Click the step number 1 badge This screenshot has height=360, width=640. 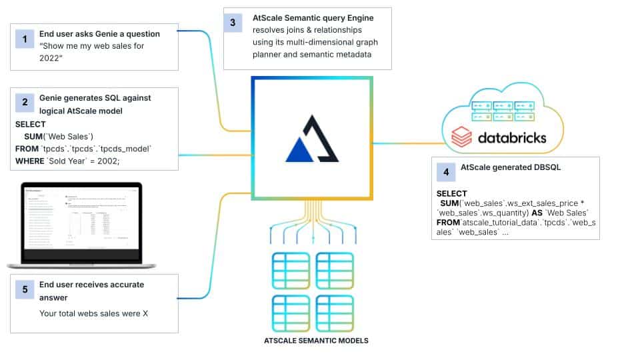tap(25, 39)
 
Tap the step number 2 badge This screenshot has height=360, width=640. tap(25, 103)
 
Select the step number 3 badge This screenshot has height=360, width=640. tap(233, 23)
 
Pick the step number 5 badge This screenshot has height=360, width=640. tap(25, 289)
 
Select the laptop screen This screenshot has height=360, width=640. tap(81, 221)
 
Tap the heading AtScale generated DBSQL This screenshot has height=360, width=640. tap(511, 167)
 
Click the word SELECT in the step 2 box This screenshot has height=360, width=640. tap(31, 124)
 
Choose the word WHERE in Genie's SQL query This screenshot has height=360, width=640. tap(31, 160)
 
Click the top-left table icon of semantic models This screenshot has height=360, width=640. tap(290, 271)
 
